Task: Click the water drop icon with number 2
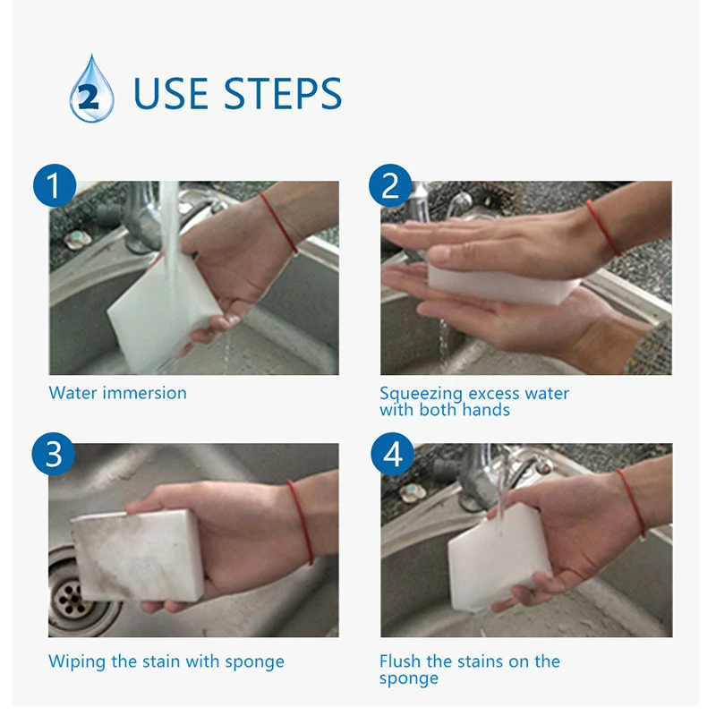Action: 91,89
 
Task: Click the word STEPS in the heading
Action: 283,94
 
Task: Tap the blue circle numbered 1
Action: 55,185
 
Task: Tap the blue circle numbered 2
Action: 390,185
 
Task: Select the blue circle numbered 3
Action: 54,454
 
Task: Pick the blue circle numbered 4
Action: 392,454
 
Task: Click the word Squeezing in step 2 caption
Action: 421,395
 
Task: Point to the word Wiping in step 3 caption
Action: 77,662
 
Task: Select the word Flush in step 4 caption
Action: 400,661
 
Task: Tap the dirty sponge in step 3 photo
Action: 137,555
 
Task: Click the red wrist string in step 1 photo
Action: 279,222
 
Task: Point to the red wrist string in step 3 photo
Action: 302,522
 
